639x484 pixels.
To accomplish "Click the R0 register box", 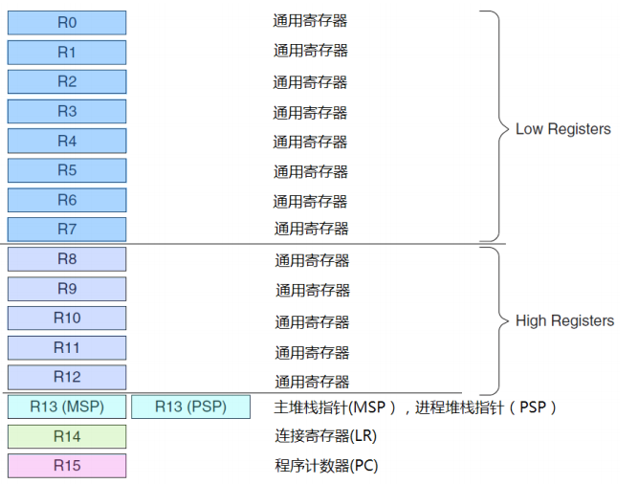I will click(x=67, y=22).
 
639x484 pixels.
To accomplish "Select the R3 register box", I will click(x=67, y=111).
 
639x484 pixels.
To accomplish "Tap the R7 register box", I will click(x=67, y=229).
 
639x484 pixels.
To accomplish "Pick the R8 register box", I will click(x=67, y=259).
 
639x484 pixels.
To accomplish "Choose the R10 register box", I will click(x=67, y=319).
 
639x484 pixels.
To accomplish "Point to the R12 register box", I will click(x=67, y=377).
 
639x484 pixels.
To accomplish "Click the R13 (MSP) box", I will click(x=67, y=407).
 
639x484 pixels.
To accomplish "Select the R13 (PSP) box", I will click(x=190, y=407).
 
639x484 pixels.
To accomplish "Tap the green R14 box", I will click(x=67, y=436).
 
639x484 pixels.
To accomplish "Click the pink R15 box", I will click(x=67, y=466).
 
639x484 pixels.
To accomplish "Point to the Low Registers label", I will click(x=562, y=129).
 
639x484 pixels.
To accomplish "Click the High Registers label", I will click(x=564, y=321).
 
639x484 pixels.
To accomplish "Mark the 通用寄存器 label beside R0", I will click(x=310, y=18).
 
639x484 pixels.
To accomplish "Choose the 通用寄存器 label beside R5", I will click(x=310, y=172).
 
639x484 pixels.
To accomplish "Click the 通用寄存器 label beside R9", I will click(x=313, y=290).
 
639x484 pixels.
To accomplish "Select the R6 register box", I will click(x=67, y=200).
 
